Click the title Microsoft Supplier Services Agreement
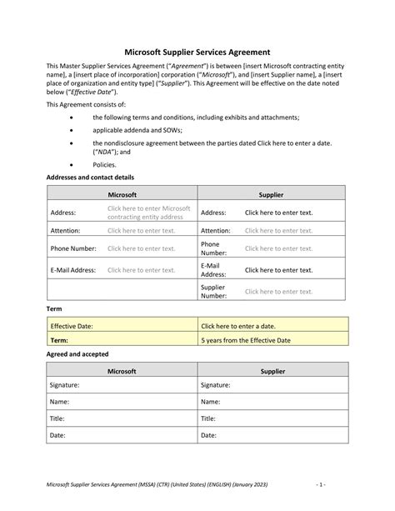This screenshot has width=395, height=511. coord(197,52)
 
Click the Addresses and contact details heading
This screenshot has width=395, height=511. coord(89,178)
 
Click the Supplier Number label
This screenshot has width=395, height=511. coord(213,291)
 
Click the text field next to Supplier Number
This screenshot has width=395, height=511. coord(278,291)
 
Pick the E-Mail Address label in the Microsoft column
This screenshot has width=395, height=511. coord(73,270)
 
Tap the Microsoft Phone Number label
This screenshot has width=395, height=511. coord(73,248)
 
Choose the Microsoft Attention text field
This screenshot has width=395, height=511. coord(141,231)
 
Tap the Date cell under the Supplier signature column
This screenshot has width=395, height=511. coord(272,435)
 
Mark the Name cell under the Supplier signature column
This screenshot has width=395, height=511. coord(272,402)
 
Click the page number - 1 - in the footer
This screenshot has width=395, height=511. coord(342,484)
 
